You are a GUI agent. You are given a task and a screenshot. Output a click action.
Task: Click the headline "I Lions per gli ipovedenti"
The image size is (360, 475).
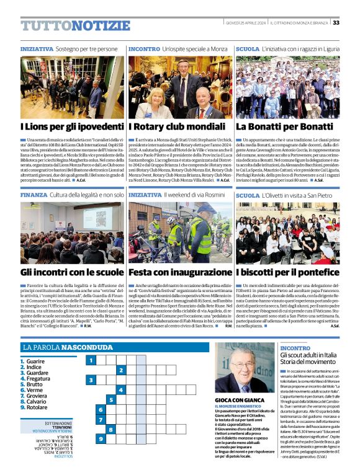pyautogui.click(x=64, y=127)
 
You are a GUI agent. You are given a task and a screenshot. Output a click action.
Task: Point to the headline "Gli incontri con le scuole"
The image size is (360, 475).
pyautogui.click(x=63, y=272)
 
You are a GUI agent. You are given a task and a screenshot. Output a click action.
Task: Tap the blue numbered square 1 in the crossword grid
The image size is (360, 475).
pyautogui.click(x=91, y=360)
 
